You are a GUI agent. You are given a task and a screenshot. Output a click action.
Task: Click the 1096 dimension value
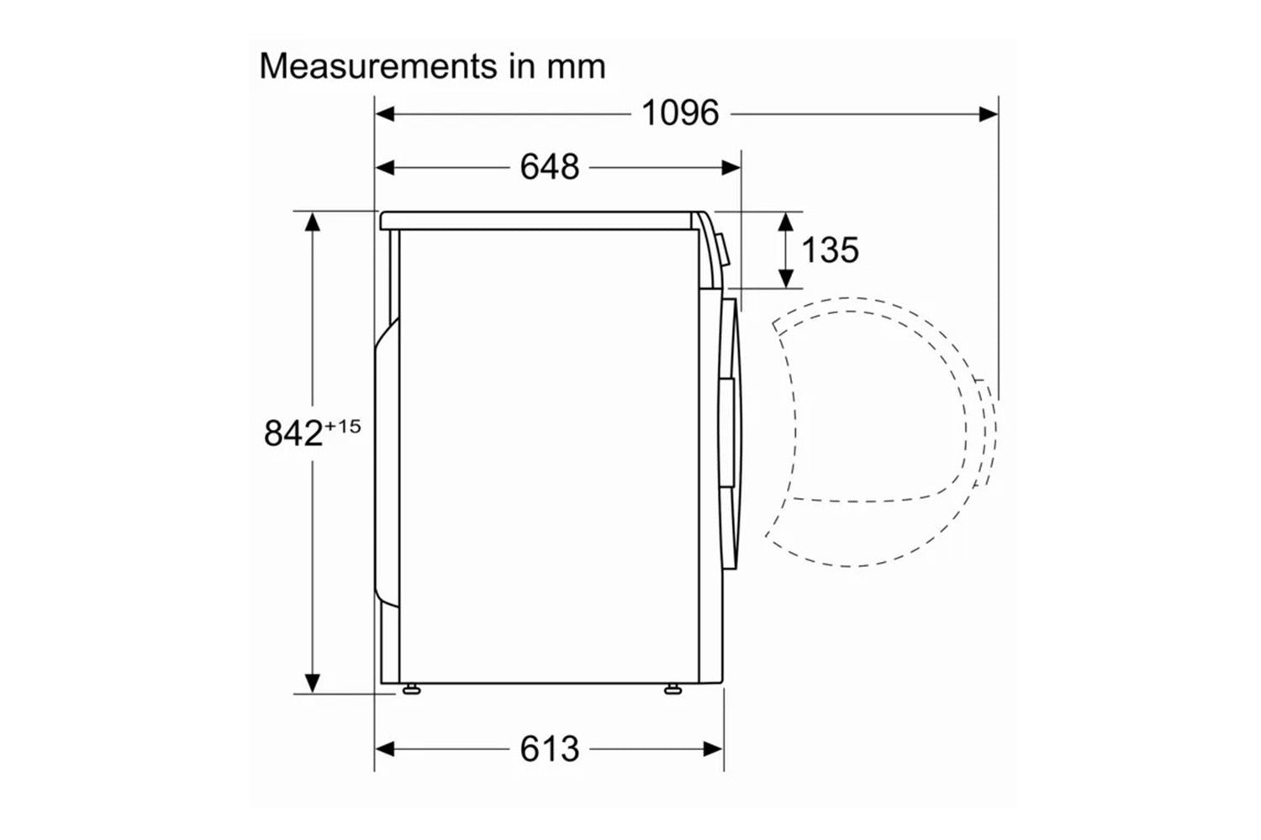tap(680, 113)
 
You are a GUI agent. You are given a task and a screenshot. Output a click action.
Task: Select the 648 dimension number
tap(550, 167)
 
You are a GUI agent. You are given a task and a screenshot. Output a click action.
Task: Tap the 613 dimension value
tap(550, 748)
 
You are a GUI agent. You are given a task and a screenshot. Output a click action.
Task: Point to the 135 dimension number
tap(830, 249)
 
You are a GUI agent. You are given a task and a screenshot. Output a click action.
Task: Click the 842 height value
tap(293, 433)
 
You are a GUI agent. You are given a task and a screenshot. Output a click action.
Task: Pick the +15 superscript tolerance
tap(343, 427)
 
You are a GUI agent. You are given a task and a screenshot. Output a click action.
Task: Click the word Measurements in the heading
tap(378, 66)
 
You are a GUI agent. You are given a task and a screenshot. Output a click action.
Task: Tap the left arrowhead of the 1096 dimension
tap(385, 114)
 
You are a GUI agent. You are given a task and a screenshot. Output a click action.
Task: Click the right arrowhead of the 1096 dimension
tap(989, 114)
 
